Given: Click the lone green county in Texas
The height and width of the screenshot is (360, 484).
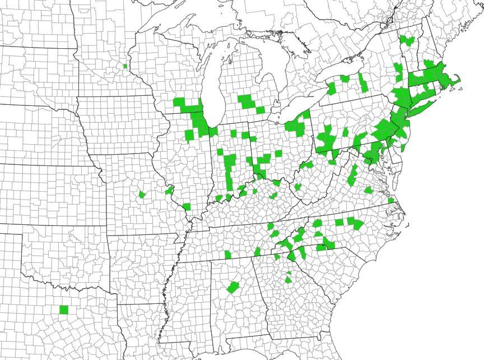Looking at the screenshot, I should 63,310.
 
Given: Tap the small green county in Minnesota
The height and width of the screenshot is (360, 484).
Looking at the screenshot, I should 125,66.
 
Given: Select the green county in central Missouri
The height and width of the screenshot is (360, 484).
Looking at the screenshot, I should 142,195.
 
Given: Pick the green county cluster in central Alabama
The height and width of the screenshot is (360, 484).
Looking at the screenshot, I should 233,288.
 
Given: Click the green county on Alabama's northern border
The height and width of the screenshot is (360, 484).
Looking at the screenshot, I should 228,255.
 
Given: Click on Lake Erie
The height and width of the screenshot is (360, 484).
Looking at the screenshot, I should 291,112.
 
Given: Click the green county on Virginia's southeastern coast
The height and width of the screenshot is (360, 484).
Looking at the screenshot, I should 390,200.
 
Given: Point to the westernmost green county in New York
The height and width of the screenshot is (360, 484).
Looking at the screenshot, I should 332,88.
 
